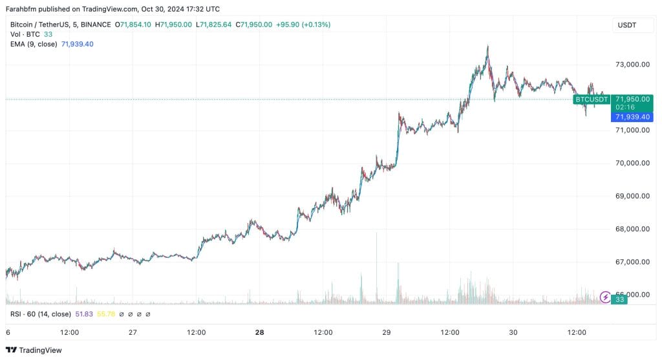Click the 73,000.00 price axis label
pyautogui.click(x=632, y=65)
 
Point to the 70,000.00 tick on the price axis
pyautogui.click(x=632, y=163)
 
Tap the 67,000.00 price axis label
pyautogui.click(x=632, y=262)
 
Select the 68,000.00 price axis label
pyautogui.click(x=632, y=229)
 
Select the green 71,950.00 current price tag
pyautogui.click(x=632, y=99)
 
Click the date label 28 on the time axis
pyautogui.click(x=260, y=332)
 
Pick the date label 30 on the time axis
pyautogui.click(x=513, y=332)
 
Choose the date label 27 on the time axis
pyautogui.click(x=133, y=332)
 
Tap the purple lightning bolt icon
pyautogui.click(x=605, y=297)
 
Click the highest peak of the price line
pyautogui.click(x=487, y=46)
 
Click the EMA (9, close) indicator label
pyautogui.click(x=34, y=44)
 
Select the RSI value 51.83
pyautogui.click(x=83, y=314)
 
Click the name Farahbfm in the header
pyautogui.click(x=23, y=9)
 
